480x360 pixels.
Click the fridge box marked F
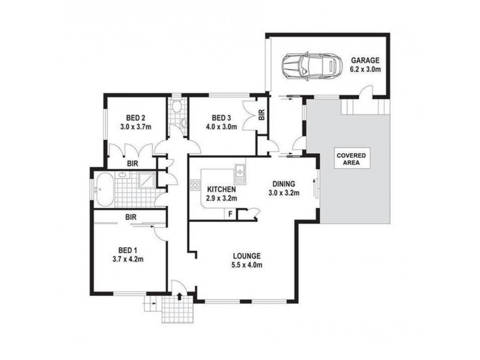point(229,213)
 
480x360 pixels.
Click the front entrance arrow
point(181,295)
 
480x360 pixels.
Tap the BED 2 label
point(136,118)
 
